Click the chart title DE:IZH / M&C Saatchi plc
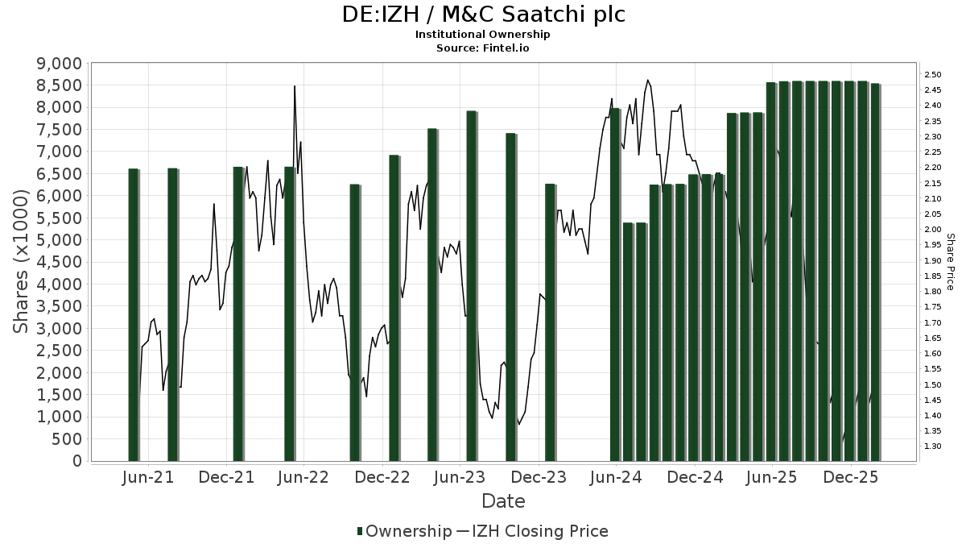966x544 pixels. (x=483, y=15)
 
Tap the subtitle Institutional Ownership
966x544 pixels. (x=483, y=35)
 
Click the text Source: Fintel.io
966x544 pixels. (x=483, y=48)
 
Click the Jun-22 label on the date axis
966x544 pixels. (x=302, y=478)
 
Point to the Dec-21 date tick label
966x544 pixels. (x=226, y=478)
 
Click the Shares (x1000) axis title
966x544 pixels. (x=22, y=262)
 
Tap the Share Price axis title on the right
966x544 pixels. (x=951, y=262)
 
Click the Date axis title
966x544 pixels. (x=503, y=501)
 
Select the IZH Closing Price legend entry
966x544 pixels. (x=539, y=531)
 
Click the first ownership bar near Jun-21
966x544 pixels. (x=133, y=314)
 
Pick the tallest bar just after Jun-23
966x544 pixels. (x=472, y=286)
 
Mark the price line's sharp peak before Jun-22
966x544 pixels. (x=295, y=86)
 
